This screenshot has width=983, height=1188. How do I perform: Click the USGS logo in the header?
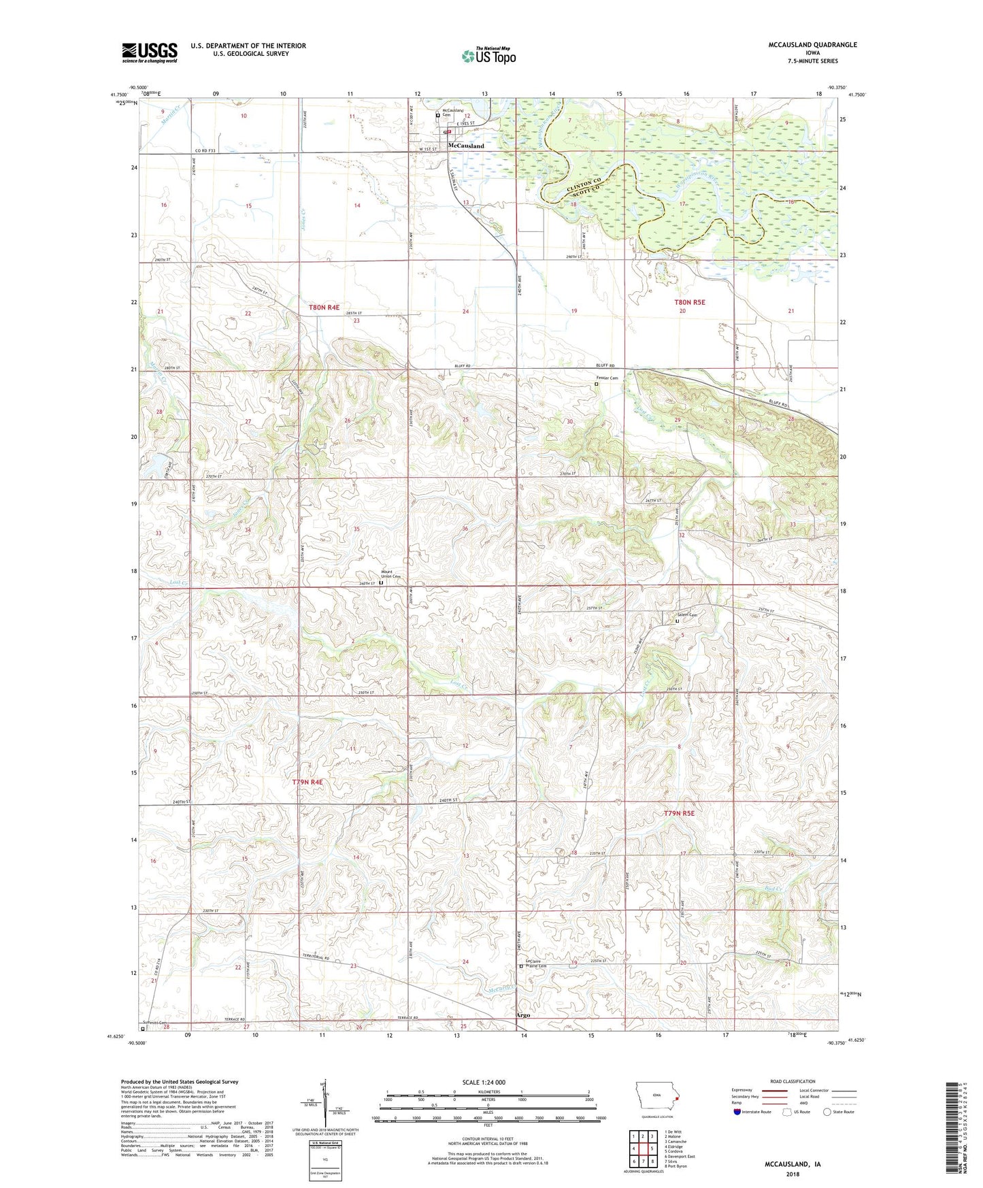(x=149, y=52)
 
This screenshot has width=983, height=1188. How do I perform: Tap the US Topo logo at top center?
(x=488, y=56)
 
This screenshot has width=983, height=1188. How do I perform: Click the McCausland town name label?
(x=466, y=146)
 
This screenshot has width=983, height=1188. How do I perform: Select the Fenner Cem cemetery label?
(x=607, y=378)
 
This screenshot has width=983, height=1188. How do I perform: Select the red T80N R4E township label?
(x=324, y=308)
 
